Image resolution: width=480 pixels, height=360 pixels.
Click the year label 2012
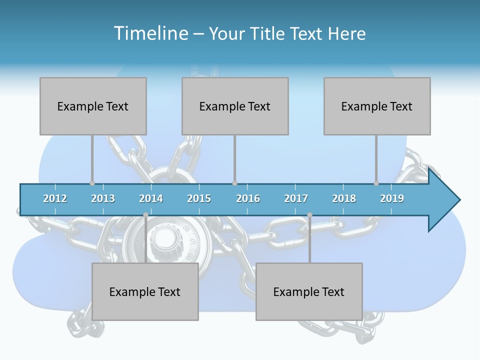(55, 198)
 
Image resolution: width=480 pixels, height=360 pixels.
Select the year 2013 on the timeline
(103, 198)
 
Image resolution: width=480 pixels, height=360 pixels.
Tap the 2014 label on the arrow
(151, 198)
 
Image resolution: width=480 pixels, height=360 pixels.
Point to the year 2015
(199, 198)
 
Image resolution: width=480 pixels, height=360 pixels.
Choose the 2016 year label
(248, 198)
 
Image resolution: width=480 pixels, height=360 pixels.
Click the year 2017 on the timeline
(296, 198)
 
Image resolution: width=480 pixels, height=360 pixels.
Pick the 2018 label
(344, 198)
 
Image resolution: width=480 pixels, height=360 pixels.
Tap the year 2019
(392, 198)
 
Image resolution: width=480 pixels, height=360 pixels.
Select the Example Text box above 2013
(93, 106)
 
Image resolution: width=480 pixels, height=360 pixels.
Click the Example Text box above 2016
(235, 106)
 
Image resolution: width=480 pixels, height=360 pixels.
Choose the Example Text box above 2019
(377, 106)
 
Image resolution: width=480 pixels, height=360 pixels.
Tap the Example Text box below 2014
(145, 291)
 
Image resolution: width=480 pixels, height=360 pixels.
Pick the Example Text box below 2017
(309, 291)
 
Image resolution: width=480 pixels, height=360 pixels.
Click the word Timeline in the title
(150, 33)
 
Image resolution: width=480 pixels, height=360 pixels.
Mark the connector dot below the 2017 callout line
(309, 215)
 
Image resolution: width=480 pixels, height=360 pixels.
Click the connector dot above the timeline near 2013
(92, 183)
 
